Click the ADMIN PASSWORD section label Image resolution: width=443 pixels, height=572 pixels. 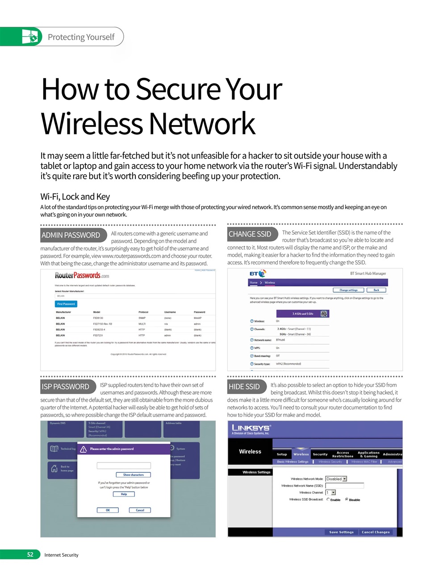71,235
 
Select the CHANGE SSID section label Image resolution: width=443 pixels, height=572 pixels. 250,234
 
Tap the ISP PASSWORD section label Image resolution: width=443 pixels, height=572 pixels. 65,387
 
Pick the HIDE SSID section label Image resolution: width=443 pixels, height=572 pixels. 244,387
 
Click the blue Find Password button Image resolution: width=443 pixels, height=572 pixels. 66,304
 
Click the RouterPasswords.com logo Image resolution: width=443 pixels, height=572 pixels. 82,275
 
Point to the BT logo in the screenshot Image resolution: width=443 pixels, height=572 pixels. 257,273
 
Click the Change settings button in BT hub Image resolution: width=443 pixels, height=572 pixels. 349,290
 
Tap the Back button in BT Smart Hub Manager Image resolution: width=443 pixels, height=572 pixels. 376,290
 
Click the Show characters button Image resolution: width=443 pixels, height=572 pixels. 134,475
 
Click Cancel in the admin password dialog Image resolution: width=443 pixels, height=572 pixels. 140,510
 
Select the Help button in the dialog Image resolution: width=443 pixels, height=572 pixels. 124,494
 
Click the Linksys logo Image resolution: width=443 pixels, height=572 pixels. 251,429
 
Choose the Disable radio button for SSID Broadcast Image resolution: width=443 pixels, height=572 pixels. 347,499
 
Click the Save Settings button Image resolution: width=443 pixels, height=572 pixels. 341,532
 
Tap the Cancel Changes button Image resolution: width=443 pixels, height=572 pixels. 376,532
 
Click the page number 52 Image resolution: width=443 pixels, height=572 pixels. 30,555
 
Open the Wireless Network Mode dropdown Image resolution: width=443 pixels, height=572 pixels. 336,479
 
